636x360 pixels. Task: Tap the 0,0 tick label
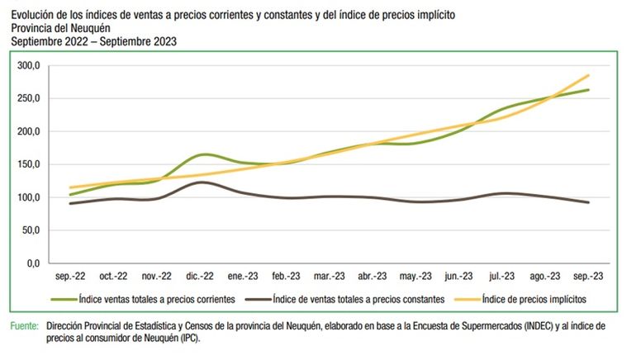point(32,263)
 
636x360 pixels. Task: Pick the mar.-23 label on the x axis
point(329,277)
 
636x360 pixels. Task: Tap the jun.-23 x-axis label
point(458,277)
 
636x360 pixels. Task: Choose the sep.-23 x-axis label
point(588,277)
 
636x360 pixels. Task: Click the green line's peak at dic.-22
point(202,154)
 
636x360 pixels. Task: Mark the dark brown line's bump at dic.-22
point(201,182)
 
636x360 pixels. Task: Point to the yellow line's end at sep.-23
point(588,75)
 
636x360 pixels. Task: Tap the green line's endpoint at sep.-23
point(588,90)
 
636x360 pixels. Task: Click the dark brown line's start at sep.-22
point(70,203)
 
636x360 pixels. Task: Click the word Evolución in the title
point(35,15)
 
